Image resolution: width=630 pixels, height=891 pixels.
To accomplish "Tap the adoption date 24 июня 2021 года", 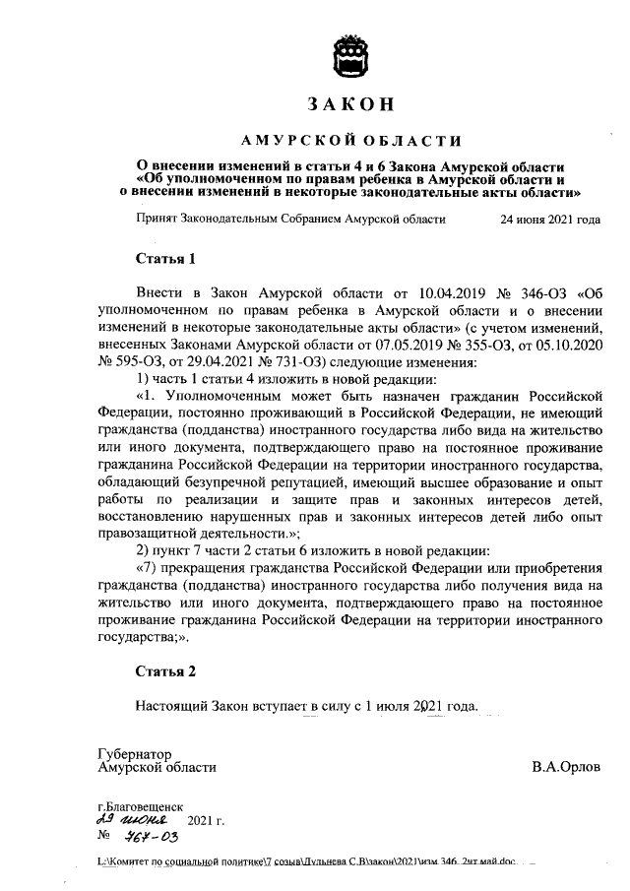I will [550, 220].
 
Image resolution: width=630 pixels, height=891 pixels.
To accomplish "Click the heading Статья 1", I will [165, 260].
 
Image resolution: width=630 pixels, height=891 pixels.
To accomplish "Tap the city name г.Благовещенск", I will [140, 805].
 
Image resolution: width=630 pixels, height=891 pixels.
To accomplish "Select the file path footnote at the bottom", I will [306, 862].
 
